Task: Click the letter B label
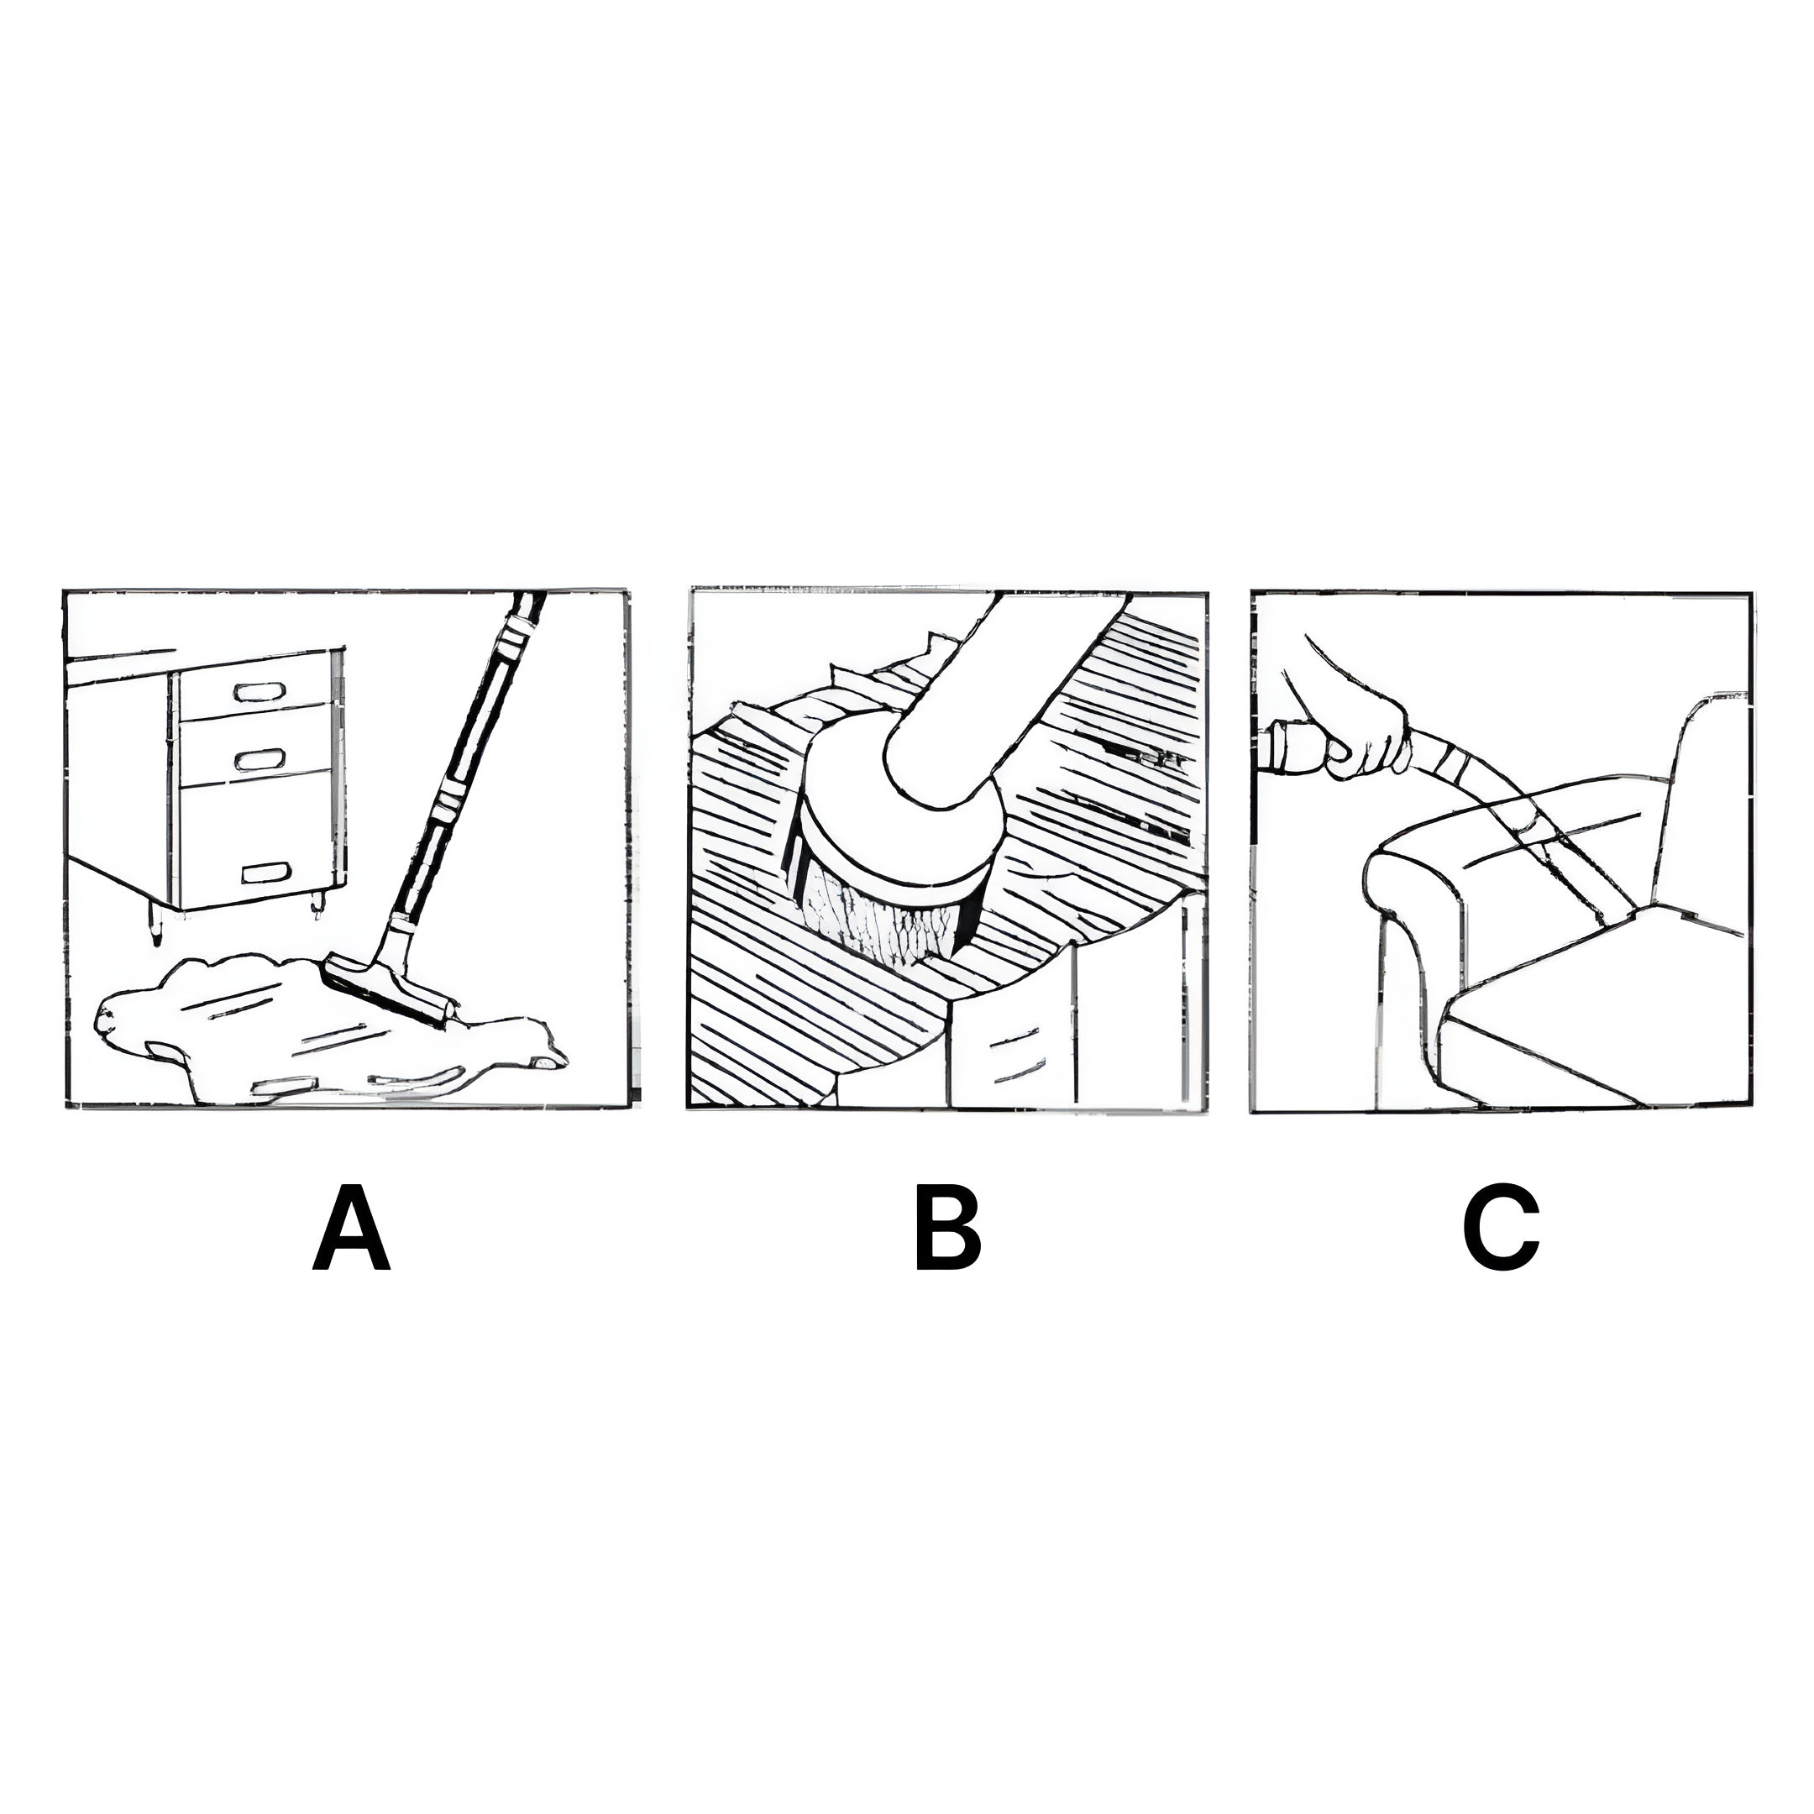click(x=947, y=1228)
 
